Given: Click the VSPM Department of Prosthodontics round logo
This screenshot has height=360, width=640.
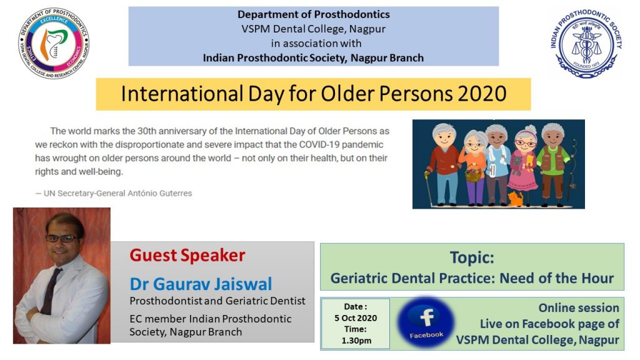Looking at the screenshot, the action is click(54, 43).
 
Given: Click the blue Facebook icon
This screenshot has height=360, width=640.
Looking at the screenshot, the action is click(426, 322).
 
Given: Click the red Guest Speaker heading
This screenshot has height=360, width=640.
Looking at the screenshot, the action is click(187, 256).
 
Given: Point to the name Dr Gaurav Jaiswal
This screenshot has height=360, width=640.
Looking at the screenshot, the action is click(201, 284).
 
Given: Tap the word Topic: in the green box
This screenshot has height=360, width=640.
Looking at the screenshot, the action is click(472, 257).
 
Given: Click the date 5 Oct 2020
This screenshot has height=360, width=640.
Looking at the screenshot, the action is click(356, 318).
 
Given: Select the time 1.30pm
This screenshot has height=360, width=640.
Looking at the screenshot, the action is click(356, 341).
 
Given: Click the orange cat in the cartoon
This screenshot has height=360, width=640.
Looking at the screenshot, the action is click(516, 199).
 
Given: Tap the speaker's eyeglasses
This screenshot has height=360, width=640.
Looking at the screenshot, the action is click(61, 238).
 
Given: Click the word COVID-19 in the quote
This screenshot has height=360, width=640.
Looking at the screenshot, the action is click(319, 144).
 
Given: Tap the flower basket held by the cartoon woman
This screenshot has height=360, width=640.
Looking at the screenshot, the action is click(473, 174).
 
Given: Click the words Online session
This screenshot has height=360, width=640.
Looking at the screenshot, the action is click(578, 307).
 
